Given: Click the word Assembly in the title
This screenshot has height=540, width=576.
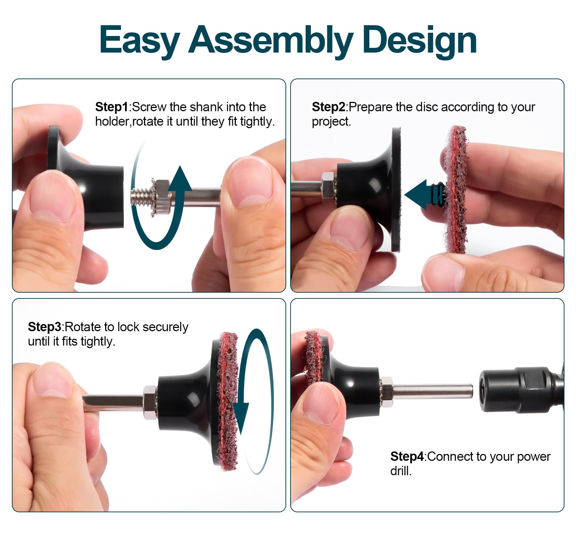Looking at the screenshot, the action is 271,40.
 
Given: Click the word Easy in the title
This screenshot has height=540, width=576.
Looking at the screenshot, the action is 139,40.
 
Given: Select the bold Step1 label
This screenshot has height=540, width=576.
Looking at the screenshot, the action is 112,107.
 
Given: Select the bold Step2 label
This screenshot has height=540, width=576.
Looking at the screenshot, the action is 329,107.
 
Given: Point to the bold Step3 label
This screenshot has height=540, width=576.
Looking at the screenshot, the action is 45,327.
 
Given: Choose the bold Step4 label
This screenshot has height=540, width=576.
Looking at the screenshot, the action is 407,456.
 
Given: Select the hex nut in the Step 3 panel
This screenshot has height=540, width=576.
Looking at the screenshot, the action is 150,402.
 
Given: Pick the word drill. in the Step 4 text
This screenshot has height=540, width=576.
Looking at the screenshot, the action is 401,471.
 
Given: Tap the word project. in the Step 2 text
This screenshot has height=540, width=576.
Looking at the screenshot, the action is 331,122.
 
